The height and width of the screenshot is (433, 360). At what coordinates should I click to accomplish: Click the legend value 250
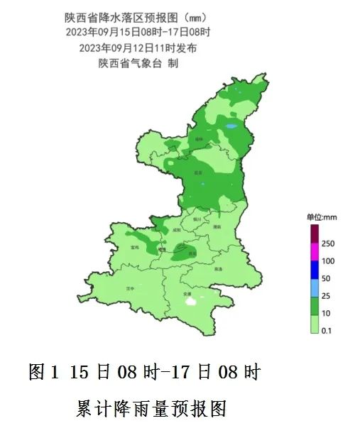[x=327, y=243]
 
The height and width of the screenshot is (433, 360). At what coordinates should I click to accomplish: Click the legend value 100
[x=327, y=261]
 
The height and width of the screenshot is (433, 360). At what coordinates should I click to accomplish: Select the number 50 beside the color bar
[x=326, y=278]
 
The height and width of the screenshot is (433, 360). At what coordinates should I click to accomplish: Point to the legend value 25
[x=326, y=296]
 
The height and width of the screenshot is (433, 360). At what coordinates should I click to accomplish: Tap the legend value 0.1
[x=327, y=331]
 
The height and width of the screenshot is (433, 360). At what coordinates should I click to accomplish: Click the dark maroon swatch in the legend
[x=313, y=234]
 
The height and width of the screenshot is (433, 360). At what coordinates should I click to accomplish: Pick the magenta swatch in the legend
[x=313, y=252]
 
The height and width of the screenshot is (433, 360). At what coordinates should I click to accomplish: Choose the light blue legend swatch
[x=313, y=287]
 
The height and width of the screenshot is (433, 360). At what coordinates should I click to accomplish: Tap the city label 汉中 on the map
[x=129, y=289]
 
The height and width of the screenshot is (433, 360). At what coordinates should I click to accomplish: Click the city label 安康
[x=187, y=292]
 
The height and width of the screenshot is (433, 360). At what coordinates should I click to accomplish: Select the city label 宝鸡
[x=135, y=247]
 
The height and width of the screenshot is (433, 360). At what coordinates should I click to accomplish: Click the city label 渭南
[x=217, y=226]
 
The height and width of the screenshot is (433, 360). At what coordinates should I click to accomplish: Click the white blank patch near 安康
[x=190, y=301]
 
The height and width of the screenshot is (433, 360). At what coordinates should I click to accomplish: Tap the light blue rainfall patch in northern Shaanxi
[x=231, y=127]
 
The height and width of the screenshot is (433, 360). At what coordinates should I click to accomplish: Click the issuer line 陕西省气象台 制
[x=138, y=63]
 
